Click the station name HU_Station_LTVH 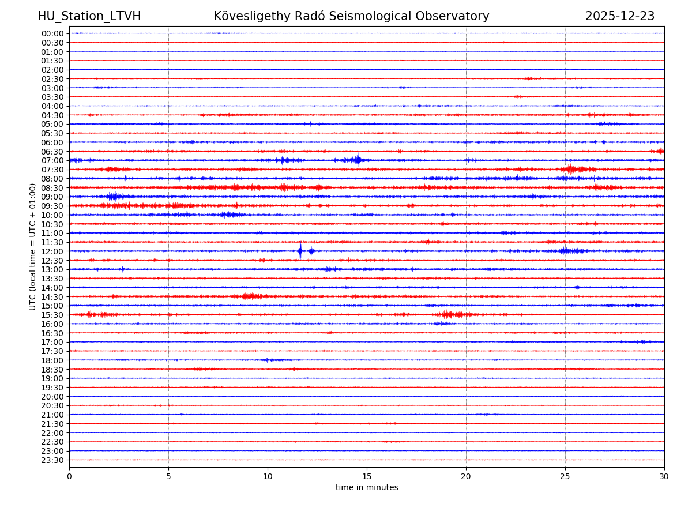(x=89, y=16)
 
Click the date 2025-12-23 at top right (x=619, y=16)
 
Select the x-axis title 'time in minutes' (x=367, y=488)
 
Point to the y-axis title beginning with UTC (x=33, y=246)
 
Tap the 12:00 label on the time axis (x=52, y=251)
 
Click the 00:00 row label (x=52, y=33)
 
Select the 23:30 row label (x=52, y=460)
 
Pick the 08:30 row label (x=52, y=188)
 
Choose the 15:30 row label (x=52, y=315)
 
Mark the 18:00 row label (x=52, y=360)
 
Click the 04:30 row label (x=52, y=115)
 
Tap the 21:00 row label (x=52, y=415)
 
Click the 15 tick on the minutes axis (x=367, y=476)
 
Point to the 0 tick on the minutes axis (x=69, y=476)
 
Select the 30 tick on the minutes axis (x=664, y=476)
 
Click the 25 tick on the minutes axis (x=565, y=476)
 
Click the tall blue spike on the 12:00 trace (x=300, y=250)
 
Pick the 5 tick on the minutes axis (x=168, y=476)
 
